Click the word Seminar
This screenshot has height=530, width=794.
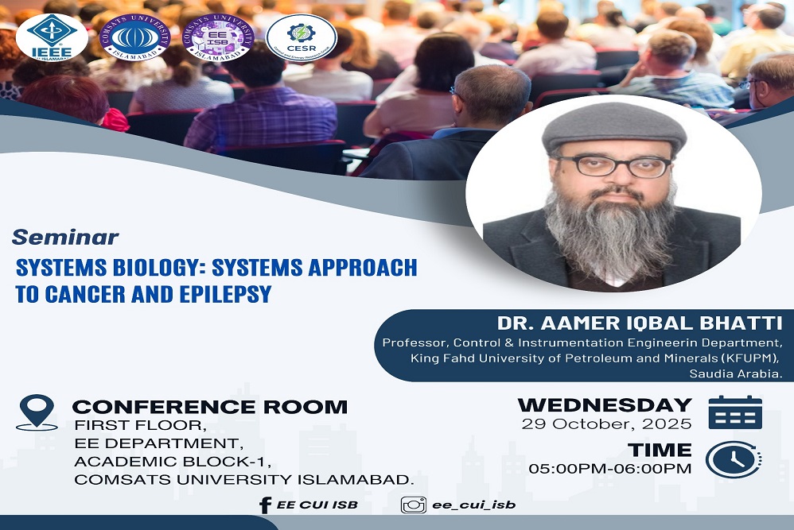point(65,237)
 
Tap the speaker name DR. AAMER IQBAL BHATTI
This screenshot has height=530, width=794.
point(640,323)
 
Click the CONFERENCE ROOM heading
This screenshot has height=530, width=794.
point(210,407)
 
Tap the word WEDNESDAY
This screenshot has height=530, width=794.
point(605,404)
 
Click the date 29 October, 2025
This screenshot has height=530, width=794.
point(606,424)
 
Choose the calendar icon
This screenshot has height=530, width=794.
point(735,412)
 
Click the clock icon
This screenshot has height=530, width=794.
point(734,458)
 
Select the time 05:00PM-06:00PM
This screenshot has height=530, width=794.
point(610,468)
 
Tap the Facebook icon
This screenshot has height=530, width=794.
point(266,505)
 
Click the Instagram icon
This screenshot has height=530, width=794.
point(413,505)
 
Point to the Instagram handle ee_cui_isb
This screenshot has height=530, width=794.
point(473,505)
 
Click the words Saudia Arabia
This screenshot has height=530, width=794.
point(736,373)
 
